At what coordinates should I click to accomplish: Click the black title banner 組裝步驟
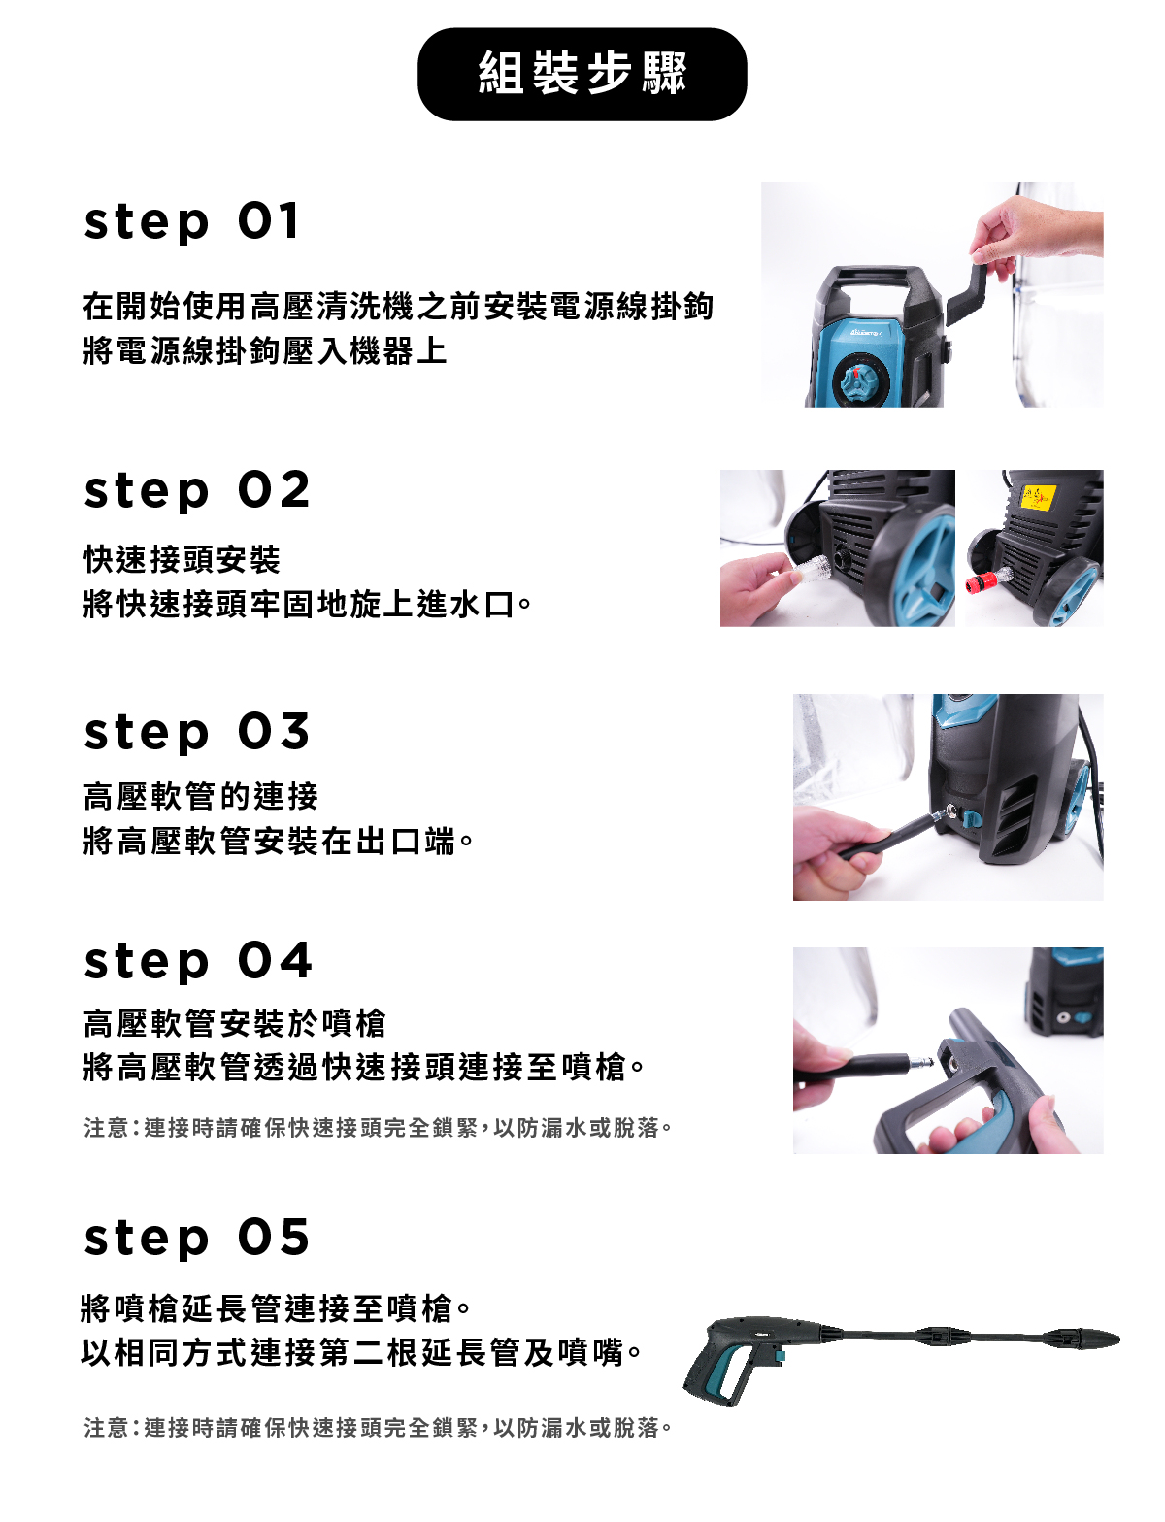582,74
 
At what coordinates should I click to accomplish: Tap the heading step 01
192,222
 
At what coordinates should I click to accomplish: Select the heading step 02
197,490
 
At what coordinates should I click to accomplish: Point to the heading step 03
197,732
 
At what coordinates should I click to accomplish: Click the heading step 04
198,961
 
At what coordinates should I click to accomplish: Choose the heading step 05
197,1239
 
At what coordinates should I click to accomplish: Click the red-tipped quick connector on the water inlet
982,581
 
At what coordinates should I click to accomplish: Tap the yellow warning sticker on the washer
1038,497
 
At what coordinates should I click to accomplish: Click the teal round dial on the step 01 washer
860,380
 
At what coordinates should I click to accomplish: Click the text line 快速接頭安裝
182,559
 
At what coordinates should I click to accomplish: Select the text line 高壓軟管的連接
201,796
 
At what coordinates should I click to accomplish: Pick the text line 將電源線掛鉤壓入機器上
265,350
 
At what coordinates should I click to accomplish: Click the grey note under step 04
378,1128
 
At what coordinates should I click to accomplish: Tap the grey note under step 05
378,1428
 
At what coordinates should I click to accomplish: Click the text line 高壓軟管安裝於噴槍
234,1023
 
